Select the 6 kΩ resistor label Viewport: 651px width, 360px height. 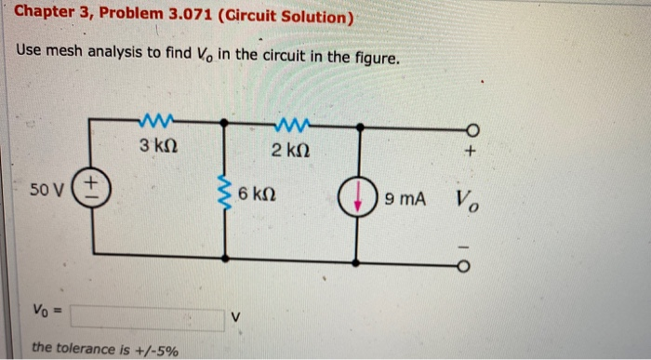click(256, 196)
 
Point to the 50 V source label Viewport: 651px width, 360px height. click(45, 191)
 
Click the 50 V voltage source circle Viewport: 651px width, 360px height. click(92, 189)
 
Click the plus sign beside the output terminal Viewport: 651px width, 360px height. click(473, 150)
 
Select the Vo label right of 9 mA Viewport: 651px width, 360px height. click(468, 200)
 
